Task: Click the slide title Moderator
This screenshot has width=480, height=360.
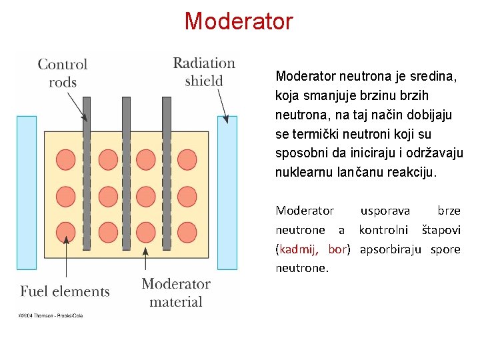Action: (239, 21)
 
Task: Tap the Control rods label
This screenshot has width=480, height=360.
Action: (62, 73)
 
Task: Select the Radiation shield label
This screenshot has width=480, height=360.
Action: (204, 72)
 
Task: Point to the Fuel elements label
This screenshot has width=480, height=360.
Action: (65, 291)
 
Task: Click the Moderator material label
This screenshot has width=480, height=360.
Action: (176, 293)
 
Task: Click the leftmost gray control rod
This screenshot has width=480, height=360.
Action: (87, 173)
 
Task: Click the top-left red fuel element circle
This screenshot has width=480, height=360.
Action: (66, 159)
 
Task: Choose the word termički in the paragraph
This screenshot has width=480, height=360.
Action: (314, 134)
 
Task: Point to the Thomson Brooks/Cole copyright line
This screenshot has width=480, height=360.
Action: (50, 314)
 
